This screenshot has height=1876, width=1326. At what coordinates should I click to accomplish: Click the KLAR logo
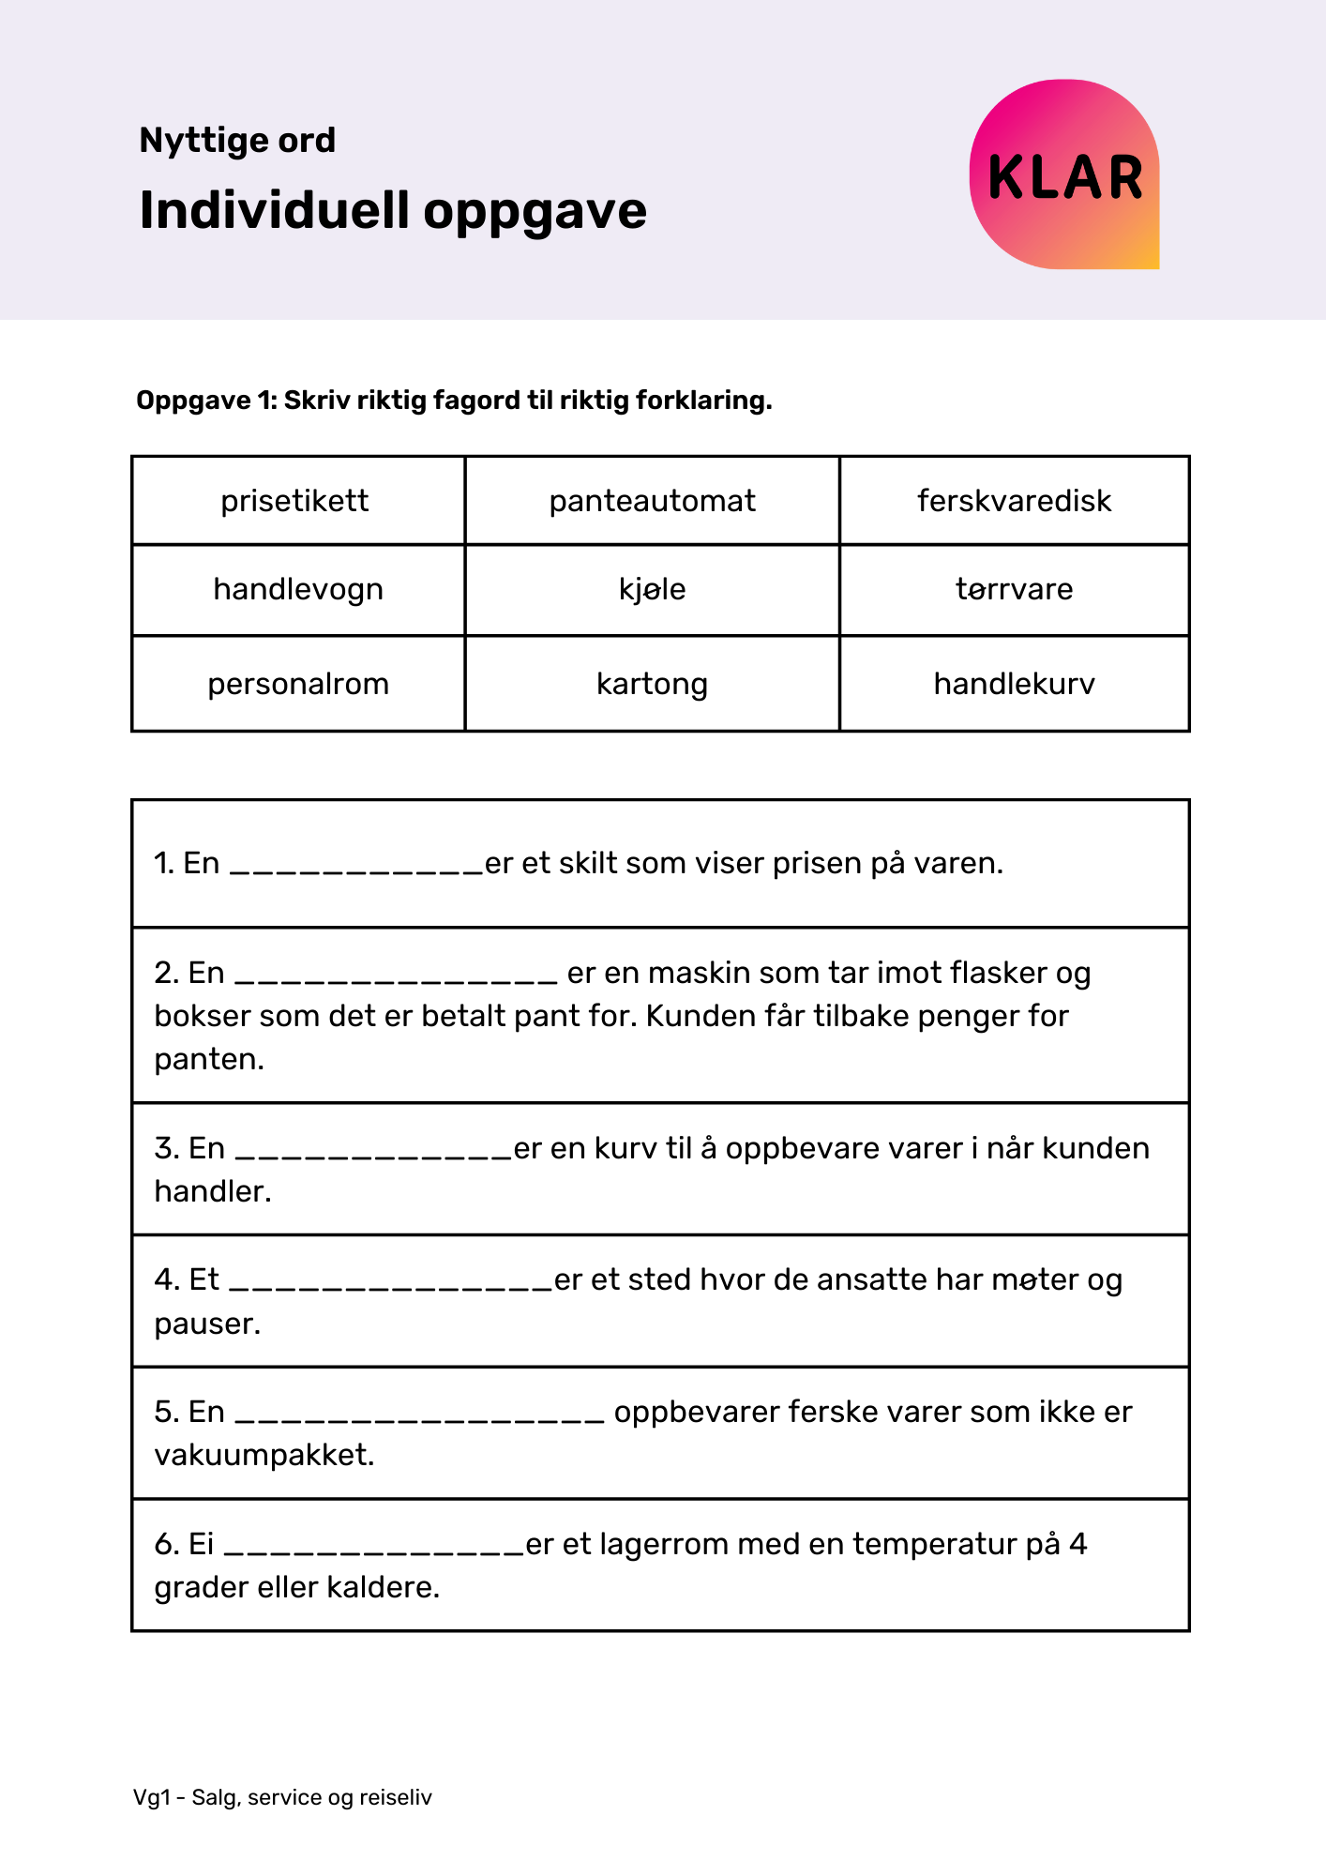point(1064,175)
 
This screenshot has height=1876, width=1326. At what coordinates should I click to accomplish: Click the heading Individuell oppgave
point(393,210)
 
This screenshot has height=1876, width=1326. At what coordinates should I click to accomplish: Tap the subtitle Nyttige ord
point(237,141)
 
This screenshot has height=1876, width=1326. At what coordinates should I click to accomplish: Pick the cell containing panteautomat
point(652,501)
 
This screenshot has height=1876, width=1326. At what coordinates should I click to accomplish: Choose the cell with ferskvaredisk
point(1014,501)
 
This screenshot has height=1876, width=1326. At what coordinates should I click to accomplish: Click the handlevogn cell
point(297,590)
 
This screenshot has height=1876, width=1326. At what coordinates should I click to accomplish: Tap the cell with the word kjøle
point(652,590)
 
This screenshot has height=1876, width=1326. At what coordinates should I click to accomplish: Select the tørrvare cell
point(1014,590)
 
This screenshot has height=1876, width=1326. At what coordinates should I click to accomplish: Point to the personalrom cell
point(297,684)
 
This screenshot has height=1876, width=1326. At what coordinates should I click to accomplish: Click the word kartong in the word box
point(652,684)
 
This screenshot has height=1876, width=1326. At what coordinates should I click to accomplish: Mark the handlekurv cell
point(1014,684)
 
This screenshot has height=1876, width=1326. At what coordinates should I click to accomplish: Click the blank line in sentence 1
point(356,870)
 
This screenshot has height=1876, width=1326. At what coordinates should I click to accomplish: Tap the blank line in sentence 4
point(391,1286)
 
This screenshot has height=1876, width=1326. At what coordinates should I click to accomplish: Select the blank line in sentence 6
point(374,1551)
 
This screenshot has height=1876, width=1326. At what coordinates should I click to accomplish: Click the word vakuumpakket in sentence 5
point(264,1455)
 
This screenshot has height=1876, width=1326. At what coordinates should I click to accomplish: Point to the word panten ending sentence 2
point(207,1059)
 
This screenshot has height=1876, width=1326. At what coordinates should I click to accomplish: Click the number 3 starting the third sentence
point(163,1148)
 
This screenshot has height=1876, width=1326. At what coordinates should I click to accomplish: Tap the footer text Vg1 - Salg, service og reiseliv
point(282,1797)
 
